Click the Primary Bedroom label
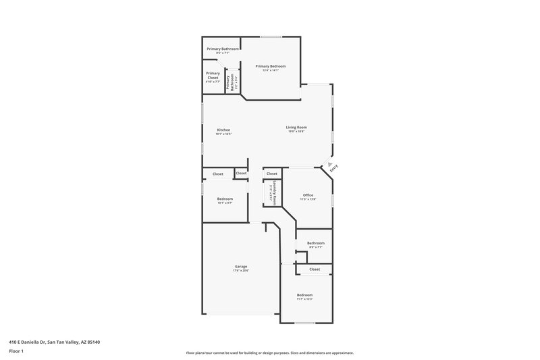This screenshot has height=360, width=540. click(x=270, y=66)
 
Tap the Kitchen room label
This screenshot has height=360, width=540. click(x=223, y=130)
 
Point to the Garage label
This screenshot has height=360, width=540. click(x=241, y=266)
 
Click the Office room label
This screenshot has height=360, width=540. click(x=308, y=195)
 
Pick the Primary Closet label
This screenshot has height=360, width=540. click(x=213, y=76)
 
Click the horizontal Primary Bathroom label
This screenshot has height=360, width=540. click(x=223, y=49)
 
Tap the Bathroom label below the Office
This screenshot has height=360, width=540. click(x=316, y=243)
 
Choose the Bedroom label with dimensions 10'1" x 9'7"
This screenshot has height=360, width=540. click(x=225, y=199)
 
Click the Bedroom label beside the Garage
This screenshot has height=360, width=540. click(x=304, y=295)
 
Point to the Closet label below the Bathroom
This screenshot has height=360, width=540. click(x=315, y=269)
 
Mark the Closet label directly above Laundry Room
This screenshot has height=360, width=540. click(x=272, y=174)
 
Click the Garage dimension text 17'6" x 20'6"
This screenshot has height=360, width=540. click(x=241, y=271)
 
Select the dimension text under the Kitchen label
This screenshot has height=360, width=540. click(x=223, y=134)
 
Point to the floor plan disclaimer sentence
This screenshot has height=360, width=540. click(x=269, y=353)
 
